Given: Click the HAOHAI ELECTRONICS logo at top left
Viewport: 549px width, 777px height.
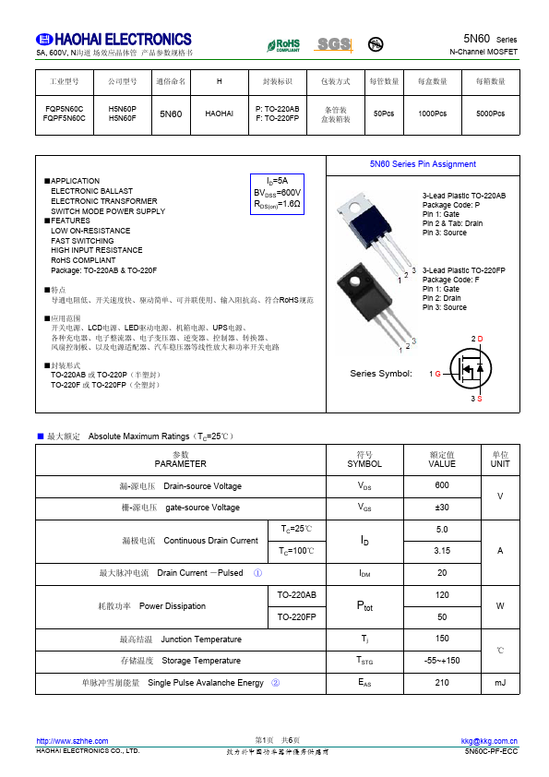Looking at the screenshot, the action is click(113, 40).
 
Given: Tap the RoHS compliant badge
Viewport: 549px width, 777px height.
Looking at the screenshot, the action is click(283, 44).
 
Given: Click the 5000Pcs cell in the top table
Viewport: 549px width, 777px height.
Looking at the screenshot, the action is click(490, 114).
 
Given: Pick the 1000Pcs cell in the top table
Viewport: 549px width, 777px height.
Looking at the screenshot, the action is click(432, 114).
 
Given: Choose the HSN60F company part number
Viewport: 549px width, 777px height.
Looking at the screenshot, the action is click(123, 118).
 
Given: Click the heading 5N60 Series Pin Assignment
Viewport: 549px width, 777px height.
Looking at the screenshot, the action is click(423, 164).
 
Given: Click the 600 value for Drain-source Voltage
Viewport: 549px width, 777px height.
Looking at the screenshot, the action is click(442, 485).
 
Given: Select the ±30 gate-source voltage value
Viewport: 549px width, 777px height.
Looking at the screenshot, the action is click(442, 508).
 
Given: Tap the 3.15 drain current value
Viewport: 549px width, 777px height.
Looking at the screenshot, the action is click(442, 551).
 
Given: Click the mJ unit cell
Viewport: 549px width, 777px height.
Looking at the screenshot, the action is click(500, 683).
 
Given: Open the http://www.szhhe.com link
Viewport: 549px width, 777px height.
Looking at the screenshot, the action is click(72, 741).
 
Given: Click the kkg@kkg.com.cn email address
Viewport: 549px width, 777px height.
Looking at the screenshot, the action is click(489, 741).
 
